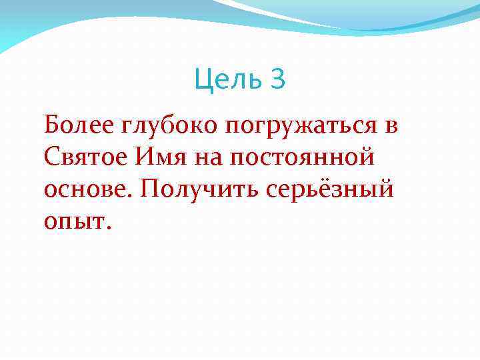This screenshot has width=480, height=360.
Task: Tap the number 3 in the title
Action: click(x=278, y=80)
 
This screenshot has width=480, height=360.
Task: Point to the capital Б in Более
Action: click(x=52, y=123)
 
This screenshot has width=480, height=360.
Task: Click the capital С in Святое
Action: click(x=52, y=157)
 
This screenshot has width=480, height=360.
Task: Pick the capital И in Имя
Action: click(x=145, y=157)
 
